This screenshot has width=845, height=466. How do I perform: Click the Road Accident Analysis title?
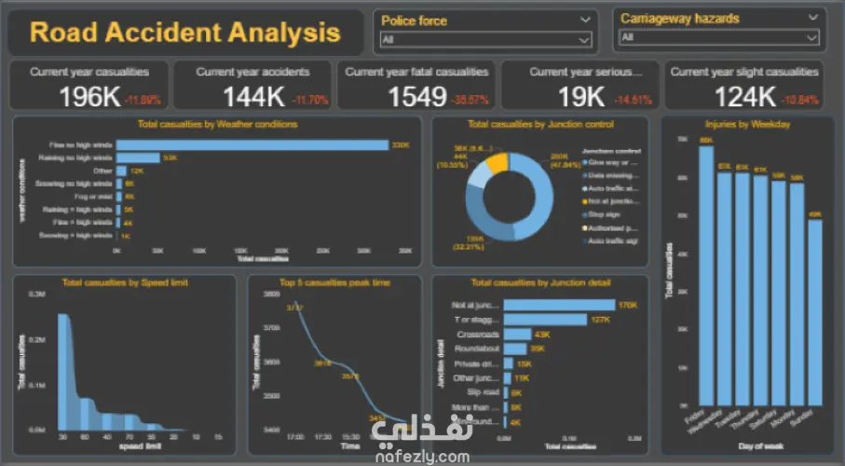[184, 33]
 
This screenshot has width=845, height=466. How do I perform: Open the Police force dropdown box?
[486, 40]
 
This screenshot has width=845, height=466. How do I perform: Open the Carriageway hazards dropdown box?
[718, 37]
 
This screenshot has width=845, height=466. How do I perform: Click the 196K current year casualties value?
[90, 96]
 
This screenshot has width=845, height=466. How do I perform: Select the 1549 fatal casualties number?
[418, 96]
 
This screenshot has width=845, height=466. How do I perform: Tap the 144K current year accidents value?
[253, 96]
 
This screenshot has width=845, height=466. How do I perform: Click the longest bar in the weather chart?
[252, 144]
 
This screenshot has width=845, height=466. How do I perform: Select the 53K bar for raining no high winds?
[138, 158]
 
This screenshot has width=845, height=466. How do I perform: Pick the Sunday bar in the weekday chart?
[815, 312]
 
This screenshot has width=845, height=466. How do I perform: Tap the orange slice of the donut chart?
[497, 162]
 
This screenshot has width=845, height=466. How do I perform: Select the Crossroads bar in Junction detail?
[518, 334]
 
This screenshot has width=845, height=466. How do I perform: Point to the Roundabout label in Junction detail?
[476, 349]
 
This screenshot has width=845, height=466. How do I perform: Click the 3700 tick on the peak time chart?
[270, 327]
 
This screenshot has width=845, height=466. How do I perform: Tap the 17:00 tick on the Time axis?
[296, 437]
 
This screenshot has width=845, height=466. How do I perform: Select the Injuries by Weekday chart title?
[743, 124]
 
